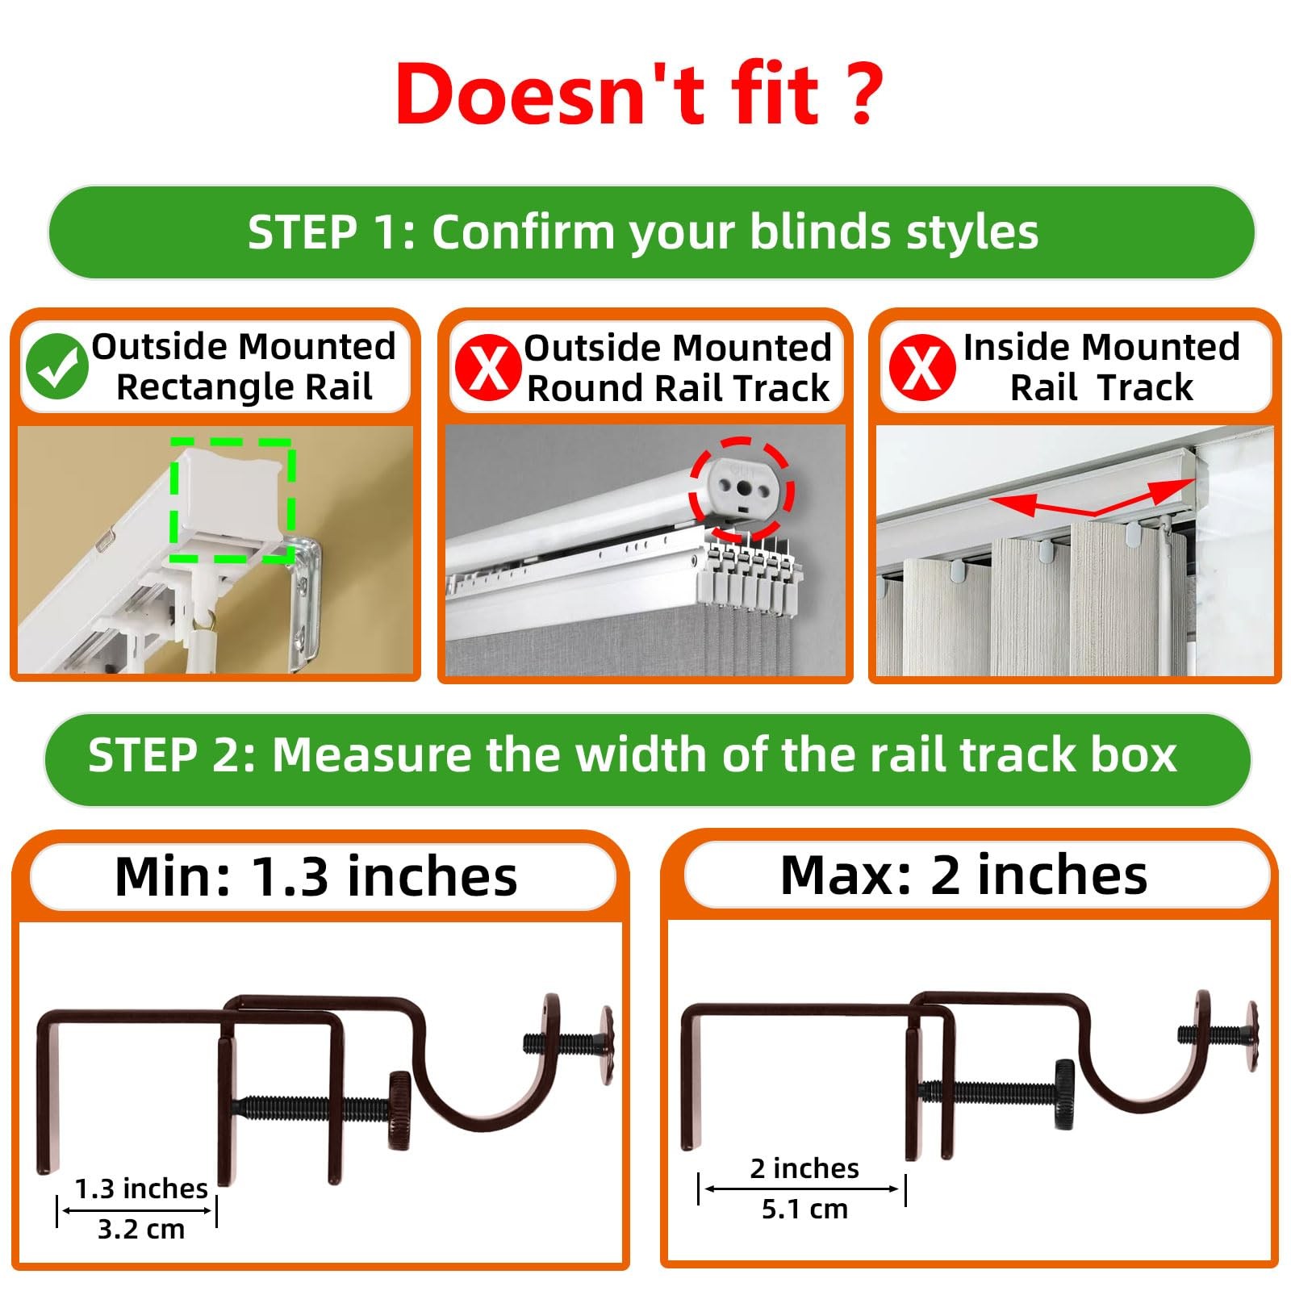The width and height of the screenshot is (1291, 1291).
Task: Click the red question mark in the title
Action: click(x=861, y=95)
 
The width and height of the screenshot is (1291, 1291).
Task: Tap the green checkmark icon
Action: click(x=56, y=367)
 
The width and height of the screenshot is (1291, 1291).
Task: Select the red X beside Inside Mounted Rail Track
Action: click(x=921, y=368)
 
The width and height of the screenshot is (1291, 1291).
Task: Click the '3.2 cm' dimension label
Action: click(x=141, y=1229)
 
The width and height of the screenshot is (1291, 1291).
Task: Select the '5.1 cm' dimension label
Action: click(x=804, y=1209)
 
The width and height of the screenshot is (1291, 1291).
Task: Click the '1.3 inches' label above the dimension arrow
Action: click(x=141, y=1189)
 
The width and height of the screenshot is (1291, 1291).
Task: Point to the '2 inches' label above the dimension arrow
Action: click(x=804, y=1168)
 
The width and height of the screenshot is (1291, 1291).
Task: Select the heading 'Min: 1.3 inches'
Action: click(x=316, y=876)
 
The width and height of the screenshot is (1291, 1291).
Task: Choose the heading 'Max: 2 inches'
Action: click(x=963, y=875)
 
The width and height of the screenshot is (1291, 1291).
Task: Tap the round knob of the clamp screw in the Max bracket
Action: click(x=1063, y=1093)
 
